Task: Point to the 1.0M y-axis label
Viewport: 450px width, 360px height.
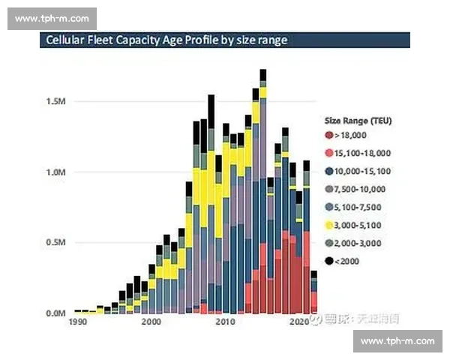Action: click(57, 172)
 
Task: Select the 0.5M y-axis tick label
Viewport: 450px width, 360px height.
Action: click(57, 242)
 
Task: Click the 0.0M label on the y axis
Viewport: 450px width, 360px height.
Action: click(57, 313)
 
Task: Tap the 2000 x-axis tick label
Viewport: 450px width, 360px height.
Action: click(151, 322)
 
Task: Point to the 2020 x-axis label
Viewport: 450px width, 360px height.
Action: click(299, 322)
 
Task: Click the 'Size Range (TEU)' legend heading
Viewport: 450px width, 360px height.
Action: click(358, 120)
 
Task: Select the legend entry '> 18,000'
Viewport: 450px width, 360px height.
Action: click(353, 135)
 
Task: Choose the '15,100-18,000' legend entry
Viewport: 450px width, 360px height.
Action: click(361, 153)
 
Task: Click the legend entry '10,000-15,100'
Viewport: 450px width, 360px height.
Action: click(361, 171)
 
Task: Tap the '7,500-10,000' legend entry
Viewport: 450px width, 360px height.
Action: click(361, 189)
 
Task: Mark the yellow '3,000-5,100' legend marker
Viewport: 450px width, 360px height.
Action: click(328, 225)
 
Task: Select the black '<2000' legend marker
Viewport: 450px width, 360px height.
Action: click(328, 261)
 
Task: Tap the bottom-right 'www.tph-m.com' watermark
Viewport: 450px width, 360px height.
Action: click(397, 341)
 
